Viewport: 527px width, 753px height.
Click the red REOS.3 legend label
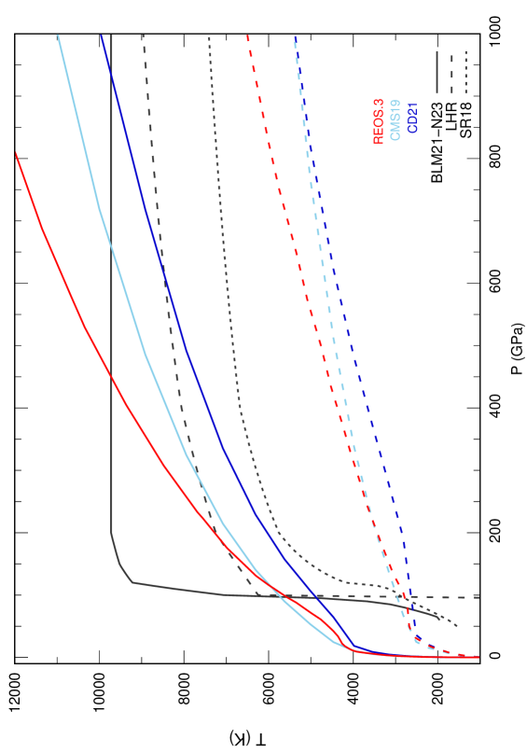tap(379, 121)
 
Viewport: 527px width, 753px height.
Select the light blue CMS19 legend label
tap(395, 119)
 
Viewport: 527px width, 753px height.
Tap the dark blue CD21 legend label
tap(412, 116)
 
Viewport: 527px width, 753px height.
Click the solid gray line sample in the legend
tap(437, 73)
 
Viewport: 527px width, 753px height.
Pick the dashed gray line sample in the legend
tap(451, 73)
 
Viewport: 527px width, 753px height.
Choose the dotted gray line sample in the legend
tap(465, 73)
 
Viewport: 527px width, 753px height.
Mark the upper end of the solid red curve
tap(16, 152)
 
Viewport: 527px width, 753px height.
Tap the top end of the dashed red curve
tap(247, 36)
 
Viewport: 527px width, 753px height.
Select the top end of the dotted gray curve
tap(209, 36)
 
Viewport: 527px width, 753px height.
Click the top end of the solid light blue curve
tap(59, 36)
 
